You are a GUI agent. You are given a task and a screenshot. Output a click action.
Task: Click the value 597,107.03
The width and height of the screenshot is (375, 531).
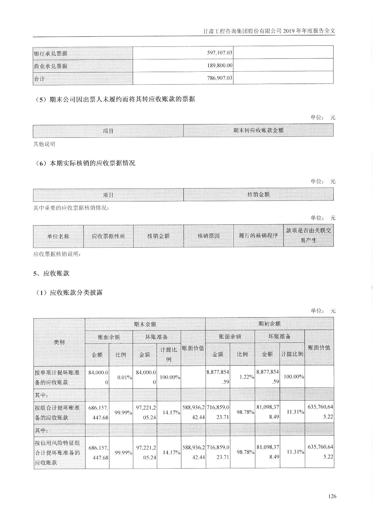(219, 53)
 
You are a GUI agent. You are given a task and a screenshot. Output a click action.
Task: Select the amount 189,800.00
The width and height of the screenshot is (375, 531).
(219, 66)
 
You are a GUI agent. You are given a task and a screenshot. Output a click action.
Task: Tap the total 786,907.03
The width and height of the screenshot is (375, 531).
(219, 79)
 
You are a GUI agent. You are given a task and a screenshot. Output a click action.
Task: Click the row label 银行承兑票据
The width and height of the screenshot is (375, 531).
(51, 53)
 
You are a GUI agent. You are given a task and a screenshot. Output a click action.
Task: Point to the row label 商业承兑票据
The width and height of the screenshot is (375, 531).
(51, 66)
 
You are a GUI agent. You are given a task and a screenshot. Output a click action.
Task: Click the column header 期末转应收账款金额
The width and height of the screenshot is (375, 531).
(258, 130)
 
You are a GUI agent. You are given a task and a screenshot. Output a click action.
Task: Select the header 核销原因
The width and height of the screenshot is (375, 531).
(208, 236)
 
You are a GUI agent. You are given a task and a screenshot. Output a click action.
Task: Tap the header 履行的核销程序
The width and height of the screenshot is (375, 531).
(258, 236)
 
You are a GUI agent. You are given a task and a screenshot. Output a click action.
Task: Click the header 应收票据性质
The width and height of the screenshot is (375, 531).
(108, 236)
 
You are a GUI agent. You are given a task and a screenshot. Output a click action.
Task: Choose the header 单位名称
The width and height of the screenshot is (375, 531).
(58, 236)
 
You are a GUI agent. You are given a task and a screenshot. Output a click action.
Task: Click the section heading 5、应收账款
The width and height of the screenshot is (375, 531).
(51, 273)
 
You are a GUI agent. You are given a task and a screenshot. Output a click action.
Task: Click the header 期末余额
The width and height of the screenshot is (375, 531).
(145, 324)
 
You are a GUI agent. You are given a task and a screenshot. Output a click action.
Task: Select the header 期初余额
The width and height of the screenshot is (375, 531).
(269, 324)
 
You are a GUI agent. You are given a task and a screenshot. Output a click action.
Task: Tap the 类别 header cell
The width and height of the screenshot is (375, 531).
(59, 342)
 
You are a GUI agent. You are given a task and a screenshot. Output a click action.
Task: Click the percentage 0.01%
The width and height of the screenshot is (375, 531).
(125, 377)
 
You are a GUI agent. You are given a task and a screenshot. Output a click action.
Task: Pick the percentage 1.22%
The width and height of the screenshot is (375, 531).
(247, 377)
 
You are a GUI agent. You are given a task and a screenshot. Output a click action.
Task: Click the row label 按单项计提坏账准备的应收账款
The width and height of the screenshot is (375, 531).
(57, 377)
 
